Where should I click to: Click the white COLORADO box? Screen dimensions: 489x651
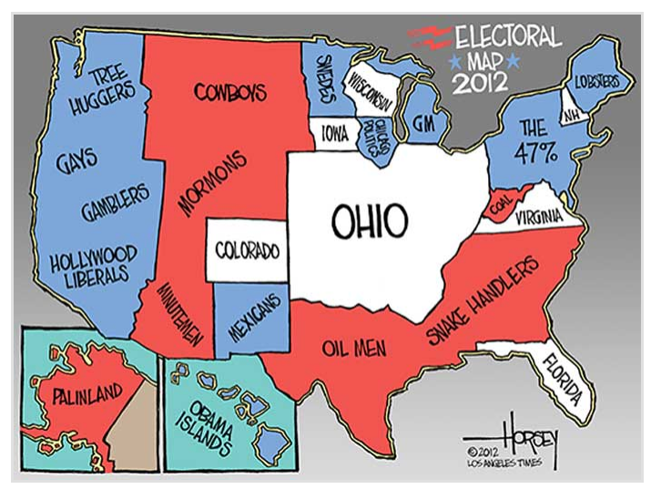click(x=246, y=250)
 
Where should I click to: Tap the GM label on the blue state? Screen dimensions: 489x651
click(x=422, y=122)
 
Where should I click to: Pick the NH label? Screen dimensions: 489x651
click(x=572, y=117)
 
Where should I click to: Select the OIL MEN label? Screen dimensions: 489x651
click(x=352, y=347)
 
